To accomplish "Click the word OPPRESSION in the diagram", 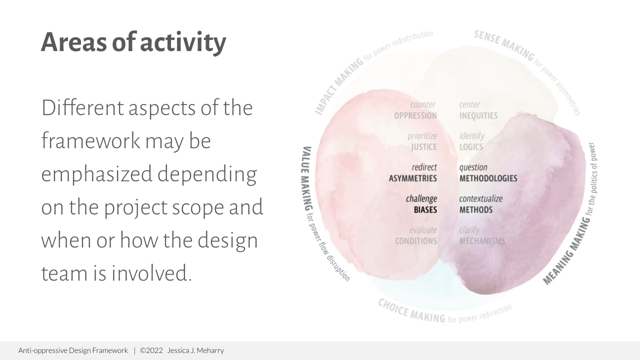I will click(x=415, y=116).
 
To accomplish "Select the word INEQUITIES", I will click(x=478, y=116).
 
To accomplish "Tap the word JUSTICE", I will click(x=423, y=147).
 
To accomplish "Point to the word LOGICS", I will click(x=471, y=147).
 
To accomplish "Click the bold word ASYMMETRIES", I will click(x=412, y=178).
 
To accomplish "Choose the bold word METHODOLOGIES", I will click(x=488, y=178).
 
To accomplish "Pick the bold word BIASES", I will click(x=425, y=210).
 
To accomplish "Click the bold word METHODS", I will click(x=475, y=210).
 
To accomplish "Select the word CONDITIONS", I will click(x=415, y=241).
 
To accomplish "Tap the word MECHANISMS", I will click(x=482, y=241).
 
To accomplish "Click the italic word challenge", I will click(x=421, y=199).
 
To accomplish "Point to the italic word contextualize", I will click(x=480, y=199).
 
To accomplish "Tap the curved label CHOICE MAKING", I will click(x=411, y=311).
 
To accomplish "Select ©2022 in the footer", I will click(x=151, y=350).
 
